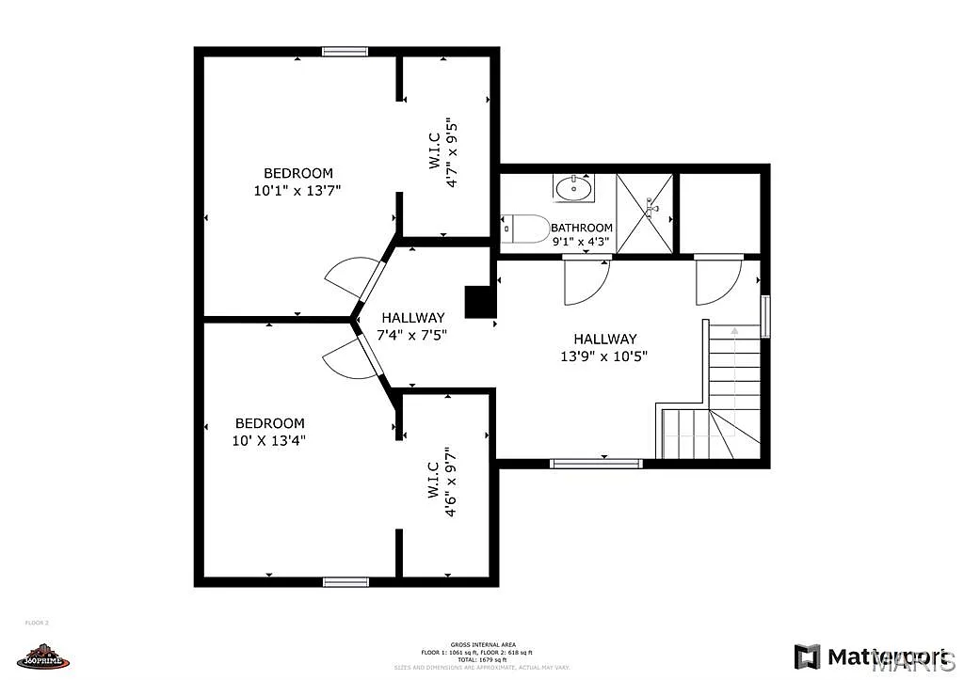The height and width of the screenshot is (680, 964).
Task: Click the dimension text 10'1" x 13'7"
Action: point(297,190)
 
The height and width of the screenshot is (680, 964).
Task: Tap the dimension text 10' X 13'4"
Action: point(270,439)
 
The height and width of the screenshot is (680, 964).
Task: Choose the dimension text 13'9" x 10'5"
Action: point(604,356)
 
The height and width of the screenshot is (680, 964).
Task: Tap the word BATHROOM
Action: point(581,228)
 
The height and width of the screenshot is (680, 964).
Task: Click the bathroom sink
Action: point(573,189)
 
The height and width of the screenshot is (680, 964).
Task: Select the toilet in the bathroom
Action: point(527,228)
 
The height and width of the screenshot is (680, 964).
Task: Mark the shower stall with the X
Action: point(646,213)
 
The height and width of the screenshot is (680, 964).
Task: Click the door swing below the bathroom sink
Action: point(586,281)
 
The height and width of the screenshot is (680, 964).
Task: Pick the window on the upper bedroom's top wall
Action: point(345,52)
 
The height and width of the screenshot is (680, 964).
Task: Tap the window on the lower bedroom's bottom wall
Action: point(345,582)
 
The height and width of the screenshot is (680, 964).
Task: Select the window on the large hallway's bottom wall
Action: point(596,463)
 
